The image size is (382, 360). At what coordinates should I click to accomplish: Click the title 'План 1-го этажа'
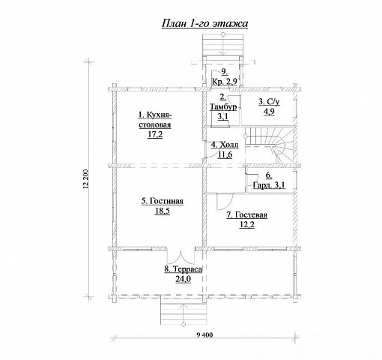click(x=204, y=23)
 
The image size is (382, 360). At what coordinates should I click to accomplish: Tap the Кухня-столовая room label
click(x=155, y=120)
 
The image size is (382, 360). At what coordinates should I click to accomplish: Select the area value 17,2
click(x=155, y=134)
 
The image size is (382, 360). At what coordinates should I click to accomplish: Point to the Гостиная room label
click(x=163, y=201)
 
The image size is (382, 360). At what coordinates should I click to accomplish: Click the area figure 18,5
click(x=163, y=211)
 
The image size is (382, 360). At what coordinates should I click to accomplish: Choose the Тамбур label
click(x=223, y=107)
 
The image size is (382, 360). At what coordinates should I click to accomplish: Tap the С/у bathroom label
click(x=269, y=102)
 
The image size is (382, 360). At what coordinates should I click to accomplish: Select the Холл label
click(x=225, y=145)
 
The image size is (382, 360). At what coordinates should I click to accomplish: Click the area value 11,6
click(x=225, y=154)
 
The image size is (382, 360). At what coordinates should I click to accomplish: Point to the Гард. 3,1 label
click(x=269, y=185)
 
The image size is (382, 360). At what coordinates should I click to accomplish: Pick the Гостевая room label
click(x=246, y=215)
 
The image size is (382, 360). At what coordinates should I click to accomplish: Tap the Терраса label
click(x=184, y=269)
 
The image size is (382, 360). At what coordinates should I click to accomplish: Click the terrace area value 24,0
click(x=184, y=279)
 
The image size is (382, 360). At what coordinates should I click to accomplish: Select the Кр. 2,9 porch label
click(x=225, y=82)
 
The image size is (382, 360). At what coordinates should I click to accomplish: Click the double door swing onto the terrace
click(x=181, y=257)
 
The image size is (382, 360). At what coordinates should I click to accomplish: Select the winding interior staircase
click(x=269, y=145)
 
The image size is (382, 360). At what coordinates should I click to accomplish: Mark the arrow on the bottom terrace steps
click(x=184, y=313)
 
